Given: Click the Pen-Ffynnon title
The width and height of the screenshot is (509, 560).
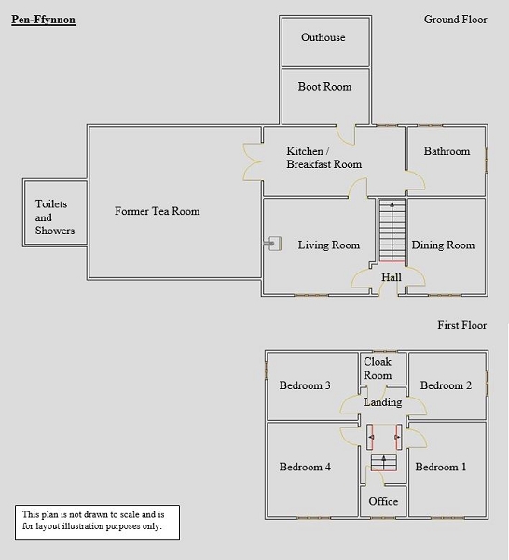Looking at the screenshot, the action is tap(43, 20).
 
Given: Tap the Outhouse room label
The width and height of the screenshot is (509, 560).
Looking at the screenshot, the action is tap(323, 37).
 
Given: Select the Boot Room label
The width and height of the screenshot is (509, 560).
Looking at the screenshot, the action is tap(324, 87).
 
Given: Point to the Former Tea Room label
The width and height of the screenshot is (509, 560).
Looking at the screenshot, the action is tap(157, 211).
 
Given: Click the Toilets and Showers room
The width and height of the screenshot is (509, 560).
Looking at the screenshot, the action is tap(55, 213).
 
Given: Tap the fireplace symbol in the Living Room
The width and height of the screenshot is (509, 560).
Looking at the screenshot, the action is tap(273, 244).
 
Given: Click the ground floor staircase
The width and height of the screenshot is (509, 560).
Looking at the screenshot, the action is tap(392, 231).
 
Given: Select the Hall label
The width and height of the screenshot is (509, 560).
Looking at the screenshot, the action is tap(392, 277).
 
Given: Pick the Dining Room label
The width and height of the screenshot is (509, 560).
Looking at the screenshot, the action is tap(443, 245).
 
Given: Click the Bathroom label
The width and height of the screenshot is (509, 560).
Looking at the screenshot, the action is tap(447, 151).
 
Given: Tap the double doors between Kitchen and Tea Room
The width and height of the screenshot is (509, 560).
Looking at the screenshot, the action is tap(253, 161).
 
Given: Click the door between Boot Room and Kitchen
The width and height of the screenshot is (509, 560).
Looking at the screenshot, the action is tap(346, 135).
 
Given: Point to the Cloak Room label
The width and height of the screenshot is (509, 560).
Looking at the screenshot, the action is tap(378, 369).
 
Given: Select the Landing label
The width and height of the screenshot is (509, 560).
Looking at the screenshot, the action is tap(382, 402).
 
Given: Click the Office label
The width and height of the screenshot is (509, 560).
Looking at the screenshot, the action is tap(383, 501).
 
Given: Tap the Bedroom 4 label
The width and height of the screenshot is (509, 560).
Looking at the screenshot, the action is tap(305, 467).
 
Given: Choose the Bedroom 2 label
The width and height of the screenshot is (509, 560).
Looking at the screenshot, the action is tap(446, 385).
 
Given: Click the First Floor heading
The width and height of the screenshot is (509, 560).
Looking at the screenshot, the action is tap(462, 325).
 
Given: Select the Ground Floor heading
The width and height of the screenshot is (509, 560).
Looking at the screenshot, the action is tap(456, 20).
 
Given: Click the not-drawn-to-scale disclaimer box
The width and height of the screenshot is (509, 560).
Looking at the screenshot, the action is tap(97, 523).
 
